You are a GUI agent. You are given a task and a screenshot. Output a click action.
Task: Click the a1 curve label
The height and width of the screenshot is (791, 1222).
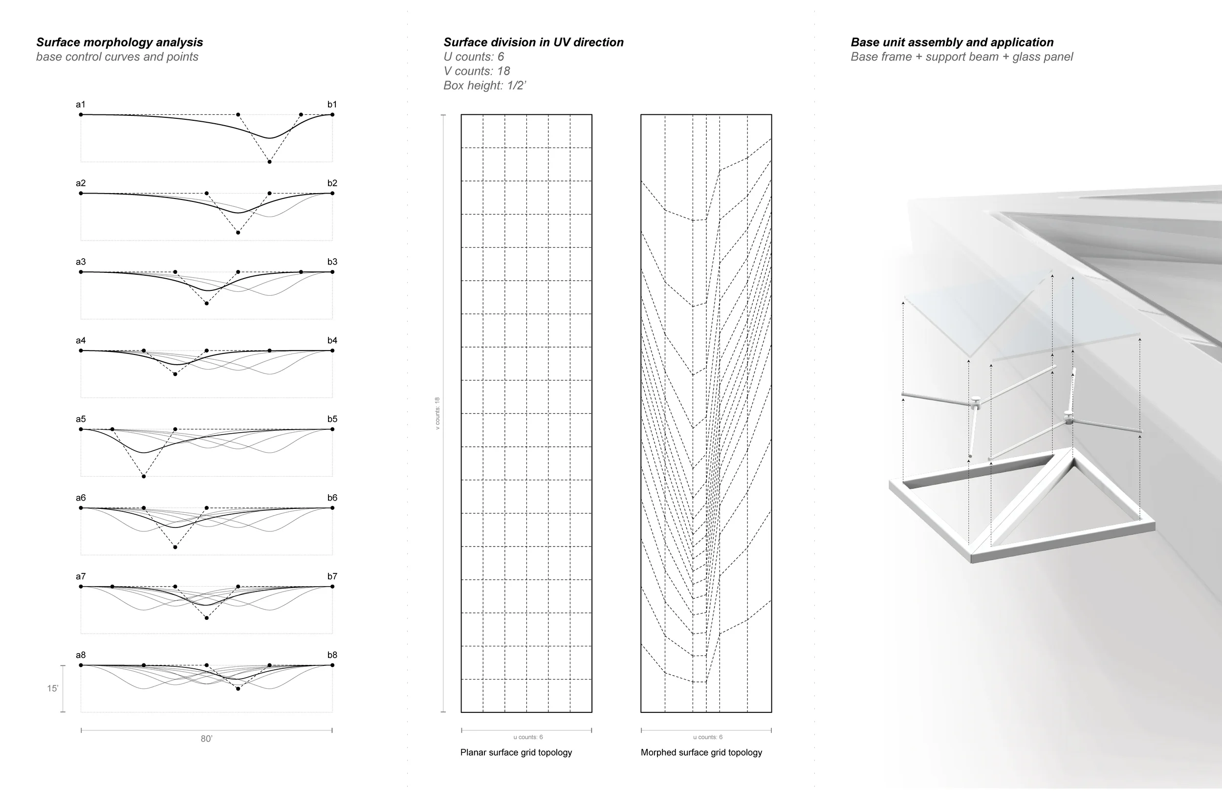click(81, 105)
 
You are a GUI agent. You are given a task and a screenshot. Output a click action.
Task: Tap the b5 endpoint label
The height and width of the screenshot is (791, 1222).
click(332, 419)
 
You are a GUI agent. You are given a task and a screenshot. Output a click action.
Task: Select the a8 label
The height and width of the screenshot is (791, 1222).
click(81, 655)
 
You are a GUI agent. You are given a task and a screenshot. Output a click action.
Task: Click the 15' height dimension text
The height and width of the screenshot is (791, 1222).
click(52, 688)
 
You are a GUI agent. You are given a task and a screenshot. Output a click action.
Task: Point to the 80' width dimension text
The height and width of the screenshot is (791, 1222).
click(206, 739)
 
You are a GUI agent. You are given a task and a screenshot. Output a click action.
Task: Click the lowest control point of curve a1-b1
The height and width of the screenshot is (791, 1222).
click(269, 162)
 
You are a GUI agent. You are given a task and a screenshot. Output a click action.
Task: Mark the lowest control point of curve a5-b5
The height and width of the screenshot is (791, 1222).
click(144, 477)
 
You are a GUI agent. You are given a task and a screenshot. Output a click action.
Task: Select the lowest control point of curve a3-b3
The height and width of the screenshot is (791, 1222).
click(206, 304)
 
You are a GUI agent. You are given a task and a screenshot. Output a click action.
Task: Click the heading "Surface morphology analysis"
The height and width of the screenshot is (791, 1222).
click(119, 42)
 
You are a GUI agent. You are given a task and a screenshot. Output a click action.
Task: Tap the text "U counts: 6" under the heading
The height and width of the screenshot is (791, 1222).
click(473, 57)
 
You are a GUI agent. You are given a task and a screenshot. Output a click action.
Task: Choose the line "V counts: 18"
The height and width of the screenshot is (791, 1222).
click(477, 71)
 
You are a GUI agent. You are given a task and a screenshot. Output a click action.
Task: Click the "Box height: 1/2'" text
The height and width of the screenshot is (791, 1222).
click(485, 85)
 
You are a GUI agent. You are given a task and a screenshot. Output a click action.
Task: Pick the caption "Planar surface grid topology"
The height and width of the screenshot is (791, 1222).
click(516, 752)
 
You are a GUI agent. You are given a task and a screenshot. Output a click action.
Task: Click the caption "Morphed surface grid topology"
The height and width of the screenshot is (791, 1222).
click(701, 752)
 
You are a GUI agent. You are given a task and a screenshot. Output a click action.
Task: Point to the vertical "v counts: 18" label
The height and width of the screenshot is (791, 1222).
click(437, 413)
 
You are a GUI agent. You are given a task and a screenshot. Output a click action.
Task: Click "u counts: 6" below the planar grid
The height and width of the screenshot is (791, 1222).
click(528, 737)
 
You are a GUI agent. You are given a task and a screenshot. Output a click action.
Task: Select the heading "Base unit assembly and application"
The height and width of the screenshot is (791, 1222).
click(952, 42)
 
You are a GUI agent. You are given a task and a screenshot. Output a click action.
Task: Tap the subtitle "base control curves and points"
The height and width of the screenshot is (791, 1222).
click(117, 57)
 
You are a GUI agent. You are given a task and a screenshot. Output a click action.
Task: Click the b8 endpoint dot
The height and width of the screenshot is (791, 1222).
click(332, 665)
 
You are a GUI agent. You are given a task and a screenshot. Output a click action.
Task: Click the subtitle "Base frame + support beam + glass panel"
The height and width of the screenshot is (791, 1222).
click(961, 57)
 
